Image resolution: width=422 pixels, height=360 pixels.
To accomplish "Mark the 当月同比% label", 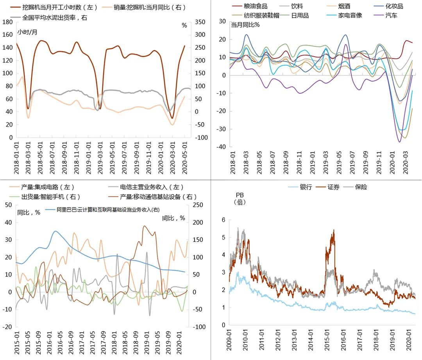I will (245, 25).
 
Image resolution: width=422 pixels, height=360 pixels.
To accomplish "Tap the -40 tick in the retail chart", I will (222, 147).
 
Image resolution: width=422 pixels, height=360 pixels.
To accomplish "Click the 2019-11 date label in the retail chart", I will (379, 161).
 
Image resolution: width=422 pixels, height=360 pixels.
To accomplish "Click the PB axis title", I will (240, 195).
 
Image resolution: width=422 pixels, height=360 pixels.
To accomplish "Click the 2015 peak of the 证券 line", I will (334, 230).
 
